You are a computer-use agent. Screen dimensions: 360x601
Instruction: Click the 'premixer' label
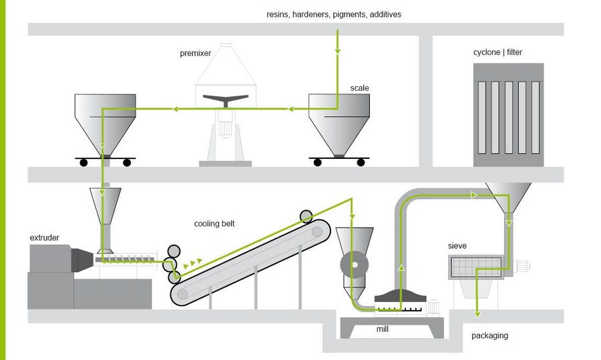click(x=194, y=53)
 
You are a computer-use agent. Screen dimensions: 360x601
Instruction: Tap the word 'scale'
click(x=359, y=87)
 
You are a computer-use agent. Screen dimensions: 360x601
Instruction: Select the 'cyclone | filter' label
click(x=497, y=51)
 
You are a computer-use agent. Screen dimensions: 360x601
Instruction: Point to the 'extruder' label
click(x=45, y=238)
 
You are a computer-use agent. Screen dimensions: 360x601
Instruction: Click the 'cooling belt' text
click(x=214, y=224)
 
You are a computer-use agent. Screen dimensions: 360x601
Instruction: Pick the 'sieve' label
click(x=457, y=246)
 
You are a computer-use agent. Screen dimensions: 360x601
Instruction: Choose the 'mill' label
click(x=382, y=329)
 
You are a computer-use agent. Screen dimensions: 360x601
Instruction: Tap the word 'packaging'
click(x=489, y=335)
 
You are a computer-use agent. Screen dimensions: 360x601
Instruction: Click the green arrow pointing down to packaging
click(x=476, y=311)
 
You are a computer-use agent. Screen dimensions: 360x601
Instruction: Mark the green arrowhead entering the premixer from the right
click(x=290, y=108)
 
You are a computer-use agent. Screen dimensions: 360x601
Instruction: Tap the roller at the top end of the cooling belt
click(x=307, y=216)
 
